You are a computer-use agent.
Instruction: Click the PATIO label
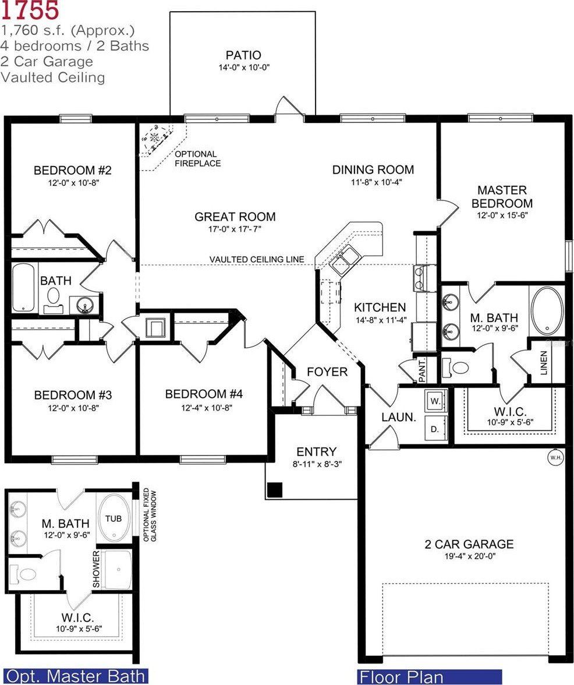243,55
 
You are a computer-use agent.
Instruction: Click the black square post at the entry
275,490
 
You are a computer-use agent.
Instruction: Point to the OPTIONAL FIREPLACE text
198,158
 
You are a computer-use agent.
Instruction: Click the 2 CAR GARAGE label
469,544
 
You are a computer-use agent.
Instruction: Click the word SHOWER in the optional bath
96,569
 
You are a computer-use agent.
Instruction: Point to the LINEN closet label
544,362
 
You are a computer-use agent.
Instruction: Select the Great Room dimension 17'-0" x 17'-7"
235,229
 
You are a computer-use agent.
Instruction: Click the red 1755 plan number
30,10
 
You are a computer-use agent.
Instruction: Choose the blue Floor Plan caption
401,677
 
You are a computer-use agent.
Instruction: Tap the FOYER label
327,372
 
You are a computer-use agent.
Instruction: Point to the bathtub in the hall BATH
24,287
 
